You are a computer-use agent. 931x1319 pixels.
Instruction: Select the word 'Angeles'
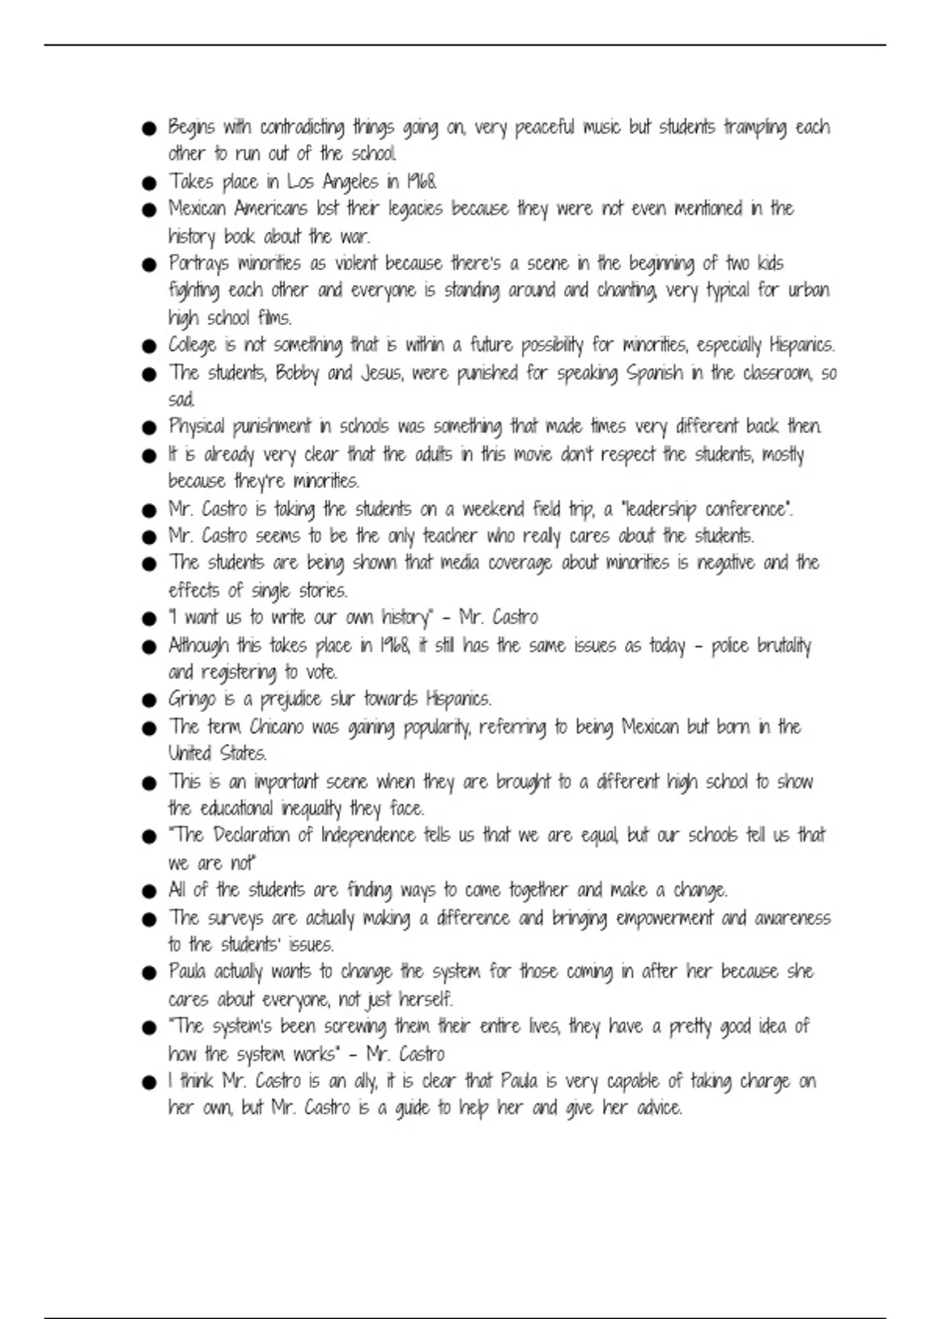click(351, 182)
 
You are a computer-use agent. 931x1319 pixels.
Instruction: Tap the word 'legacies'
click(415, 209)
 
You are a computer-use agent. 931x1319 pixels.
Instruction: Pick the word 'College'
click(192, 345)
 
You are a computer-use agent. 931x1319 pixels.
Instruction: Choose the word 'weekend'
click(493, 509)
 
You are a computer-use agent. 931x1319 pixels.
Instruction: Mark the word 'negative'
click(725, 563)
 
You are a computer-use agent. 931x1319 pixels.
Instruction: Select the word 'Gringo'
click(192, 700)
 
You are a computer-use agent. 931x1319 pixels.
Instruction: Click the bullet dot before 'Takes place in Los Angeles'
click(150, 184)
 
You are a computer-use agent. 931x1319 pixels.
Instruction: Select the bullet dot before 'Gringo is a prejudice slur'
click(150, 701)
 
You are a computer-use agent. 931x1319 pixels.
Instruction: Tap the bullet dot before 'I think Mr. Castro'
click(150, 1082)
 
